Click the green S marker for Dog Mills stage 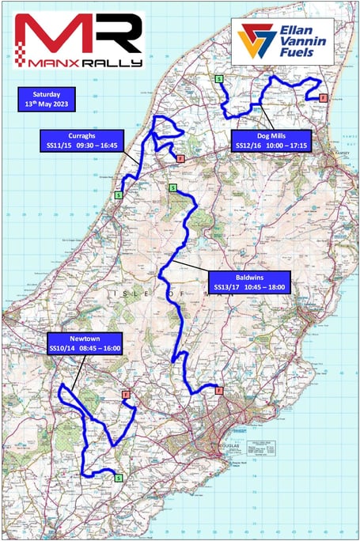tap(218, 78)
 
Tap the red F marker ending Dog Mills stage tap(324, 97)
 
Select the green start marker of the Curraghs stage tap(119, 195)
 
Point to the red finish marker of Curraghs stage tap(180, 159)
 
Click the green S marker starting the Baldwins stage tap(172, 187)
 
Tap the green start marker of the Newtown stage tap(119, 477)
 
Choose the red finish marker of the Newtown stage tap(125, 393)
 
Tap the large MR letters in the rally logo tap(77, 33)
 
